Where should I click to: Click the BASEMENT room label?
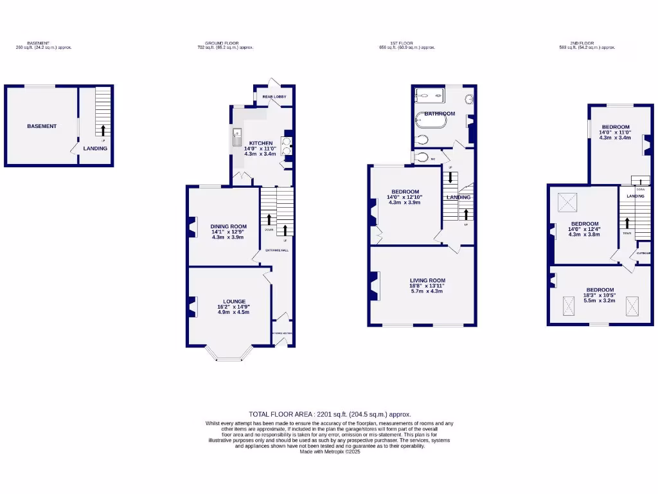click(42, 126)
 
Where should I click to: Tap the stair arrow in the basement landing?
click(103, 129)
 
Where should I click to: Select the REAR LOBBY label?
click(274, 96)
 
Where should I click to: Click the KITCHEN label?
click(261, 143)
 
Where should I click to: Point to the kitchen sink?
click(236, 137)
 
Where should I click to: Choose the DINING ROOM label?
click(229, 226)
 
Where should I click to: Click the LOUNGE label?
click(235, 301)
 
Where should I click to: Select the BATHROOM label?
click(440, 114)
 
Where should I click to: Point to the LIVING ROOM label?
click(427, 280)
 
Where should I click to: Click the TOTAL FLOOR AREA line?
click(330, 415)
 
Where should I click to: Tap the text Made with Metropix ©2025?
click(330, 452)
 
